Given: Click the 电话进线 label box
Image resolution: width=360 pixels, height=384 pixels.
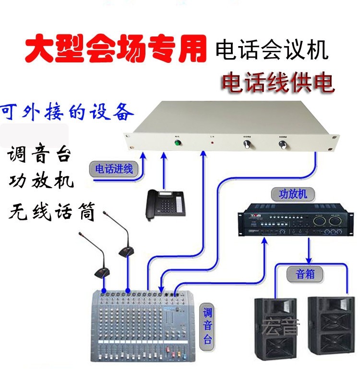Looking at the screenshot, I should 114,169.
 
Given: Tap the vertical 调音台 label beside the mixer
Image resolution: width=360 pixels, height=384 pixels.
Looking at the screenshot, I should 207,325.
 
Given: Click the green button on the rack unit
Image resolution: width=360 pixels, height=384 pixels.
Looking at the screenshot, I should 177,143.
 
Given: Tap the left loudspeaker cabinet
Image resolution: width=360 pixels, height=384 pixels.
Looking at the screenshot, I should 275,331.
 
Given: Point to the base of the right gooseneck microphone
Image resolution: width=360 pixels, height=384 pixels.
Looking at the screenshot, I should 126,251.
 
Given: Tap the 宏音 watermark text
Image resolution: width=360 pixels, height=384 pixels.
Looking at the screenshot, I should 280,328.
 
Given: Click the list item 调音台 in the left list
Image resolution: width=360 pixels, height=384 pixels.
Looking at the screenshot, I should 40,155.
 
